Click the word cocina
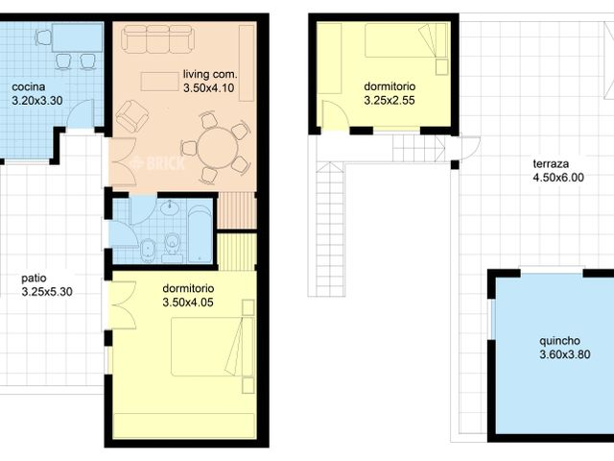(x=28, y=86)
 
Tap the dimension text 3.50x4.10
(x=209, y=87)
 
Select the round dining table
(x=218, y=148)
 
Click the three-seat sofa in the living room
(x=157, y=38)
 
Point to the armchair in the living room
(x=132, y=116)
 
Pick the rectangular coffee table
(x=159, y=81)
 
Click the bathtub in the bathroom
(x=200, y=234)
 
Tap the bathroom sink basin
(x=169, y=207)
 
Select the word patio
(x=34, y=279)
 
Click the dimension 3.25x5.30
(x=47, y=292)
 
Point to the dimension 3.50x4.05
(x=188, y=303)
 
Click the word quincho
(x=559, y=342)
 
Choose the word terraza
(x=551, y=164)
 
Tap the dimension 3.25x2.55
(x=390, y=100)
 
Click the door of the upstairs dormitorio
(x=334, y=114)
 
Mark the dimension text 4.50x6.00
(x=558, y=178)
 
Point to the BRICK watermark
(x=157, y=163)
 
